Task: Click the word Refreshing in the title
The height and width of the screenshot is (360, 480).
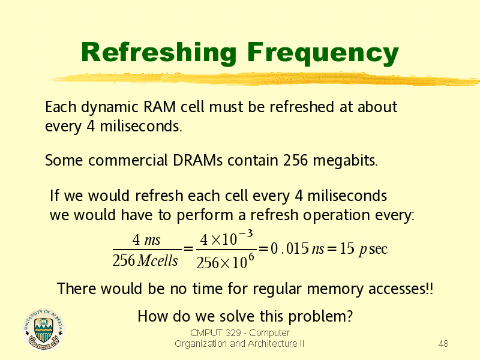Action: (158, 53)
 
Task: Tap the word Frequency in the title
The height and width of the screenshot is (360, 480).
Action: (323, 54)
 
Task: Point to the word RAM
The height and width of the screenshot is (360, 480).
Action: (160, 107)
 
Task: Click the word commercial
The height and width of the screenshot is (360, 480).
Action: (128, 160)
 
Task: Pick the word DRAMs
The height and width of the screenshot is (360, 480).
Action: (197, 160)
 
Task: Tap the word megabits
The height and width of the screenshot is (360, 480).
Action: (346, 161)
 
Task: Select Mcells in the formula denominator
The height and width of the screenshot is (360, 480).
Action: (157, 261)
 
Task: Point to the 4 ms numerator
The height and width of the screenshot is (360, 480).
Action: (146, 239)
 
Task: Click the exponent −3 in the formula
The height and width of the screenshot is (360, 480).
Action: (246, 234)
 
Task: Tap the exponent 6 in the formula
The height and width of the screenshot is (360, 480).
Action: (251, 257)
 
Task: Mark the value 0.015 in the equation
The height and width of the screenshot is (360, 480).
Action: (290, 248)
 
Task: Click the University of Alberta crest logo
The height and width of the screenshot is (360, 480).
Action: (44, 329)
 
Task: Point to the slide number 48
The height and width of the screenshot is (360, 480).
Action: (443, 344)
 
